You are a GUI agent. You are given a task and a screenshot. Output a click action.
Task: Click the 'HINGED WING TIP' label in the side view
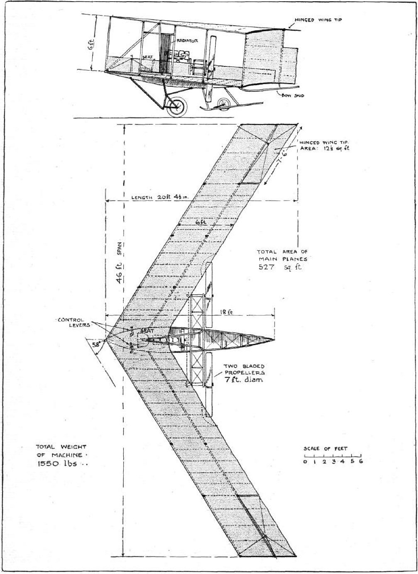coord(318,20)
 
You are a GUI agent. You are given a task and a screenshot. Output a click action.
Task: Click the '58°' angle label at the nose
coord(96,344)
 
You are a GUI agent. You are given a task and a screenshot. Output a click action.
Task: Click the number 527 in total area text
coord(266,267)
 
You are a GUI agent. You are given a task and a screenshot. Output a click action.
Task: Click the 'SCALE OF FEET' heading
coord(325,449)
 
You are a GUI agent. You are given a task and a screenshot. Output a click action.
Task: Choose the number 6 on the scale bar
coord(361,461)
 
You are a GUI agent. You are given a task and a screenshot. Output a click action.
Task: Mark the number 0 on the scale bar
coord(305,461)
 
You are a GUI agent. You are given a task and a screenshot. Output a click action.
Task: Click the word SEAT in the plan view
coord(145,330)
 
